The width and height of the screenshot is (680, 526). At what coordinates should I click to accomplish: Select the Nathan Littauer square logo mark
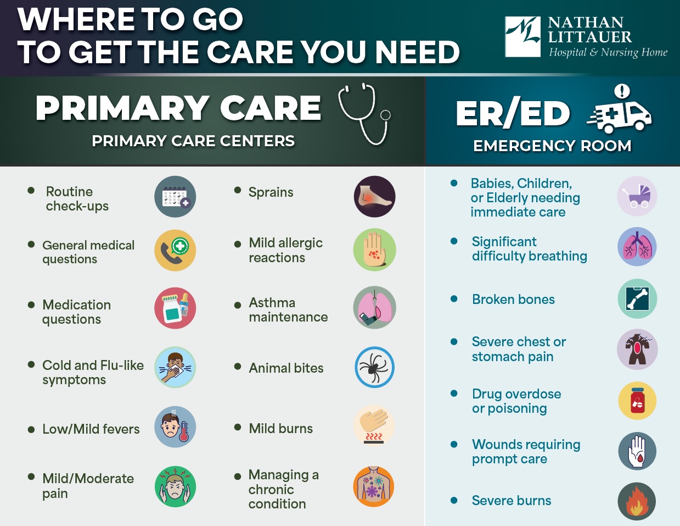pos(522,37)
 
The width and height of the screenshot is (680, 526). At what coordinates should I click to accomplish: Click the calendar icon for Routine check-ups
pos(175,196)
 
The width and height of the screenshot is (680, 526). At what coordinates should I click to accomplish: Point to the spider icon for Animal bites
pos(375,367)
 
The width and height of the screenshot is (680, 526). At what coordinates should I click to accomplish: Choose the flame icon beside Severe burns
pos(637,501)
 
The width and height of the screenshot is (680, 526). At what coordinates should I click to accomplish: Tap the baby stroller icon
pos(637,196)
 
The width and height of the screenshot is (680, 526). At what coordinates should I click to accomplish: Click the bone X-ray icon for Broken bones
pos(637,298)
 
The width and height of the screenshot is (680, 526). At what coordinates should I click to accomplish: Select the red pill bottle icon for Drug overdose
pos(637,401)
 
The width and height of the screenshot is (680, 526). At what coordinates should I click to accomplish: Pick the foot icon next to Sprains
pos(375,196)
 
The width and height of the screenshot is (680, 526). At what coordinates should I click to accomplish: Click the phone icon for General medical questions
pos(175,250)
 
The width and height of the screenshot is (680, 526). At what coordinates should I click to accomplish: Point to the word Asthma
pos(272,303)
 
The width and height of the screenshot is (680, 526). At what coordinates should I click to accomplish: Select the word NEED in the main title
pos(418,52)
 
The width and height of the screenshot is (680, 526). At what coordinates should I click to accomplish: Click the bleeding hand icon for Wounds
pos(637,451)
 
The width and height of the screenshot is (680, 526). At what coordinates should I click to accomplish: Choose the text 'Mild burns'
pos(280,428)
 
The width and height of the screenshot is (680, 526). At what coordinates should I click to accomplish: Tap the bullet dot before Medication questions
pos(31,304)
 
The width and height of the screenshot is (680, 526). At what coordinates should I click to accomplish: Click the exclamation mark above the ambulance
pos(622,91)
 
